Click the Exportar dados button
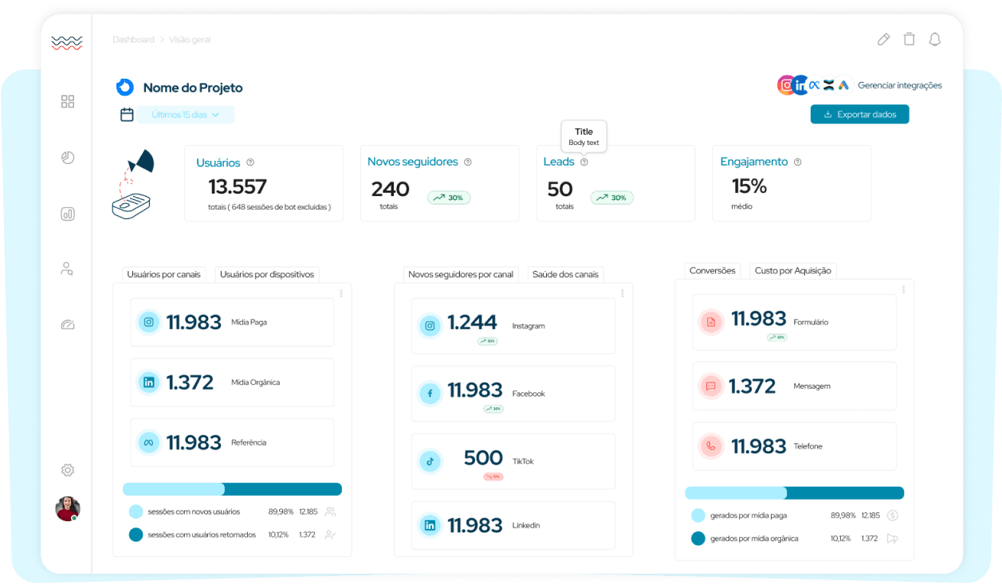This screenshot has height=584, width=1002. coord(859,115)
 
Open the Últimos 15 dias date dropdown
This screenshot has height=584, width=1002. coord(185,115)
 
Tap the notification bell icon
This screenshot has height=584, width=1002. coord(934,40)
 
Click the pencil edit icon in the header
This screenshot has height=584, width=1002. coord(883,40)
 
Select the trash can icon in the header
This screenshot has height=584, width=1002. coord(909,40)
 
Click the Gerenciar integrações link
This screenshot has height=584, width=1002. coord(899,85)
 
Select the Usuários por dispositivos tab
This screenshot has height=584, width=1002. coord(267,274)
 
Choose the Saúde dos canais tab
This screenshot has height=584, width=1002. coord(564,274)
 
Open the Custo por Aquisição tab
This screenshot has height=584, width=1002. coord(792,270)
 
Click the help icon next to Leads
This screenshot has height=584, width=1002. coord(584,162)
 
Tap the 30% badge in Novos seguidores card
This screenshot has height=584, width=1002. coord(449,198)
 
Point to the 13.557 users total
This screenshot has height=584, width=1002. coord(238,187)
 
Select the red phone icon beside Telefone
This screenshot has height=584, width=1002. coord(710,446)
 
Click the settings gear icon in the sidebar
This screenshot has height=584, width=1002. coord(68,470)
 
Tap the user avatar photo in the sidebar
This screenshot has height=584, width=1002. coord(68,508)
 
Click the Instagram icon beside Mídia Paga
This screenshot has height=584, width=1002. coord(149,322)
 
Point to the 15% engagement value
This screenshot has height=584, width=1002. coord(749,186)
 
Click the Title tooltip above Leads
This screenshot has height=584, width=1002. coord(584,136)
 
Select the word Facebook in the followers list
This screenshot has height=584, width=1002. coord(529,394)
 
